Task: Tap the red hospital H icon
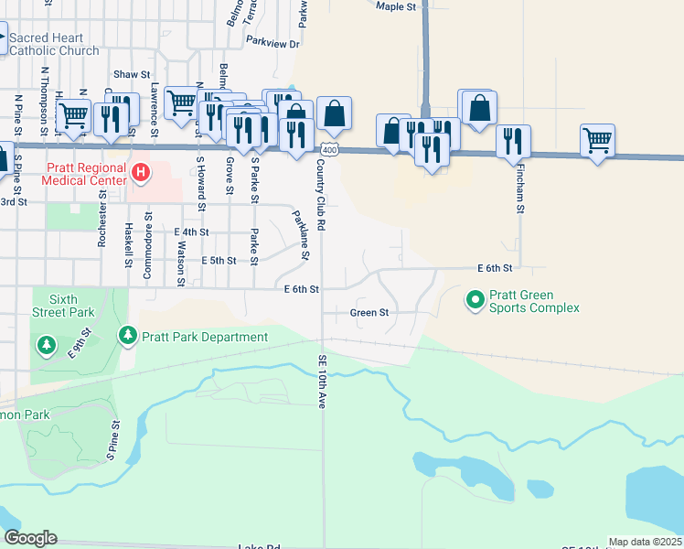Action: click(x=140, y=171)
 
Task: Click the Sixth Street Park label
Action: click(x=64, y=306)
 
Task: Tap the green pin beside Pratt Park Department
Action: click(x=128, y=337)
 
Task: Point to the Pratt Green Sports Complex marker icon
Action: click(x=475, y=299)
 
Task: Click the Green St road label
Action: click(x=369, y=313)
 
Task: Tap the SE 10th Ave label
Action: click(x=322, y=381)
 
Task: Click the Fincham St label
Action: click(x=519, y=194)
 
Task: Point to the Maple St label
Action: click(x=396, y=6)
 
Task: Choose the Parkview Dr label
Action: click(x=273, y=43)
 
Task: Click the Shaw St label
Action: click(x=132, y=74)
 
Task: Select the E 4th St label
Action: click(x=192, y=233)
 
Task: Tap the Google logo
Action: click(x=30, y=539)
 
